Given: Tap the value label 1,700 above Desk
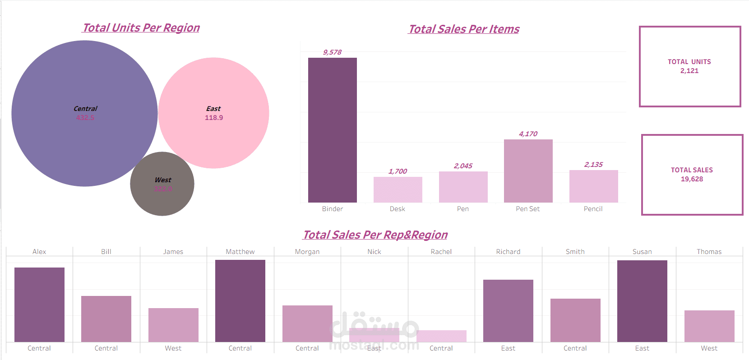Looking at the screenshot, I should point(398,171).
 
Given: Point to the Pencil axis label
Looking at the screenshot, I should point(593,209).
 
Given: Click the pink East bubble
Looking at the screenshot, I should point(214,90).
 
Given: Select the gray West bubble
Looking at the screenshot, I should point(162,198).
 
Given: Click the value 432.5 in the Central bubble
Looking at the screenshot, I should point(85,118).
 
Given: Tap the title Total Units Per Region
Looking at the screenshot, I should point(141,28).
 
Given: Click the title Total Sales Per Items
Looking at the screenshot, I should point(464,29).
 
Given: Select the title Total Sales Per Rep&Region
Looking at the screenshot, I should point(375,235).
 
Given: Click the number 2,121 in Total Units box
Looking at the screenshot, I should point(689,71).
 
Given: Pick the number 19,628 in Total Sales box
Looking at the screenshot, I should point(692,179).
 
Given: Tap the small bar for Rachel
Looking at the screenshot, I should point(441,336).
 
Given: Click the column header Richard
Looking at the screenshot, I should point(508,252).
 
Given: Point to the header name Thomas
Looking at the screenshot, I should point(709,252).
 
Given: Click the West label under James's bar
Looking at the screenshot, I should point(173,348).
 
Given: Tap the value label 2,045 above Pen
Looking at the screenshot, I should point(463,166).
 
